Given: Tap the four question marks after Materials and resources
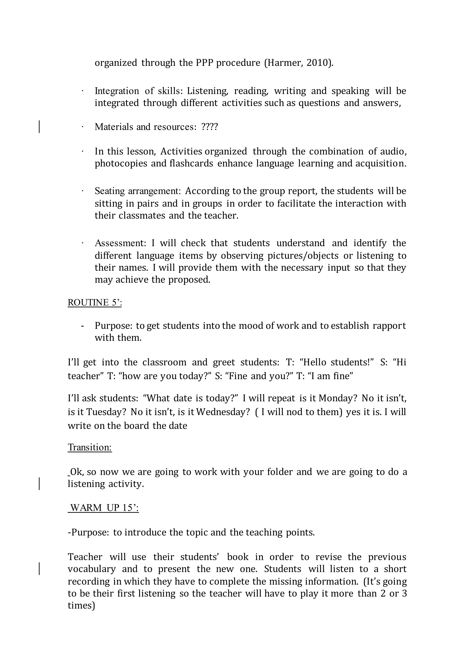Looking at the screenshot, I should pos(209,127).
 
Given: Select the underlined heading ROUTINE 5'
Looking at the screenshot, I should pos(94,302).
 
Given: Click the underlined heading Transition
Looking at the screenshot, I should pos(90,447).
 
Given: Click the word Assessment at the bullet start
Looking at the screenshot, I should pos(120,243).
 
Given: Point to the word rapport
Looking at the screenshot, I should pos(389,326).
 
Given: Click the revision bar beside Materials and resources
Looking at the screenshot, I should pos(39,127).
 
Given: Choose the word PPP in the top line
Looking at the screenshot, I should pos(204,63).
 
